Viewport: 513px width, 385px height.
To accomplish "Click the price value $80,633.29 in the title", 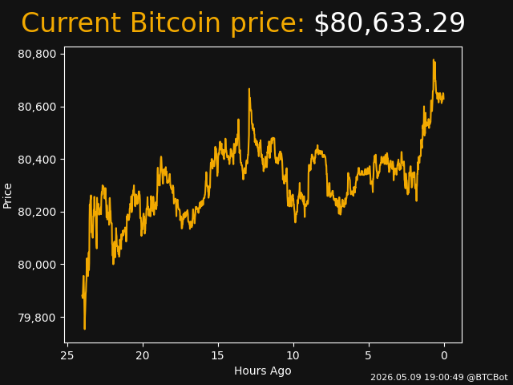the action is (390, 23).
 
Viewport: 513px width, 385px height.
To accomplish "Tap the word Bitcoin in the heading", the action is (176, 22).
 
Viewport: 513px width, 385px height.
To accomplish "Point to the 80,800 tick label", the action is (37, 54).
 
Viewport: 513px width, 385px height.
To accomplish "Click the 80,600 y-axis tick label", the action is (37, 107).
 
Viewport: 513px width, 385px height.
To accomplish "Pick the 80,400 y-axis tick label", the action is (37, 160).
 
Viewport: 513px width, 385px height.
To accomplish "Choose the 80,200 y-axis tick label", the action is (37, 212).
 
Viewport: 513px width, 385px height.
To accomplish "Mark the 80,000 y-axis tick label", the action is (37, 265).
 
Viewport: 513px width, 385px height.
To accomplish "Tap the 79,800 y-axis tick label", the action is (37, 318).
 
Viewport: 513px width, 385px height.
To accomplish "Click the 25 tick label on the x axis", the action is (67, 355).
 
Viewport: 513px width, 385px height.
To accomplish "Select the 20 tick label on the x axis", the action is (143, 355).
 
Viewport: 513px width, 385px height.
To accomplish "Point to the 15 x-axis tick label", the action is (218, 355).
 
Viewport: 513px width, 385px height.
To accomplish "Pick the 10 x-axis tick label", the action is (293, 355).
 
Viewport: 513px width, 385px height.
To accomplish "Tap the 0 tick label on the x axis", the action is (444, 355).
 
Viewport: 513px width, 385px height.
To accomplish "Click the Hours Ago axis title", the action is (263, 371).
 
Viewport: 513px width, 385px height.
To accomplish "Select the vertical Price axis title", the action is (7, 196).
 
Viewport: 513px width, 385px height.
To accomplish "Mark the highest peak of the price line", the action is (434, 60).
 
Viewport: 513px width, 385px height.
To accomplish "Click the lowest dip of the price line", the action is (84, 329).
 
